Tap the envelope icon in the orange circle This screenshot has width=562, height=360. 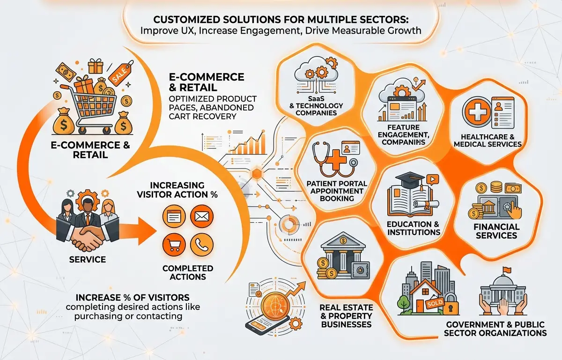point(202,216)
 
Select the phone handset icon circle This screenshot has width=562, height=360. point(202,244)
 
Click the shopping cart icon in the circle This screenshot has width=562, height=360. point(174,244)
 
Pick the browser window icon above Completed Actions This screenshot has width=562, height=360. point(174,216)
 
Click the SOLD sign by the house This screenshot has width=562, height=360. point(435,303)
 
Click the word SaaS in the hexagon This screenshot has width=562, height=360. point(316,98)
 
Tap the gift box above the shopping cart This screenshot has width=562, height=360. point(96,66)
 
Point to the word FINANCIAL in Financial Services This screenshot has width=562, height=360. point(496,227)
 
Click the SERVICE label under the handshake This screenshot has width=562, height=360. point(87,259)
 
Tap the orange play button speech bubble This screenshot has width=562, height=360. point(432,180)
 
